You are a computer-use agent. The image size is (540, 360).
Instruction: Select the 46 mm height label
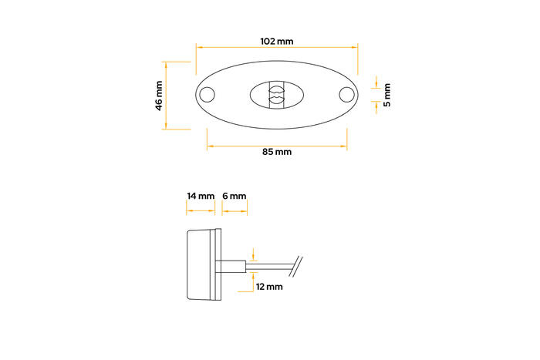[159, 95]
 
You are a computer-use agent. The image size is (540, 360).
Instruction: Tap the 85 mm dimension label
[277, 152]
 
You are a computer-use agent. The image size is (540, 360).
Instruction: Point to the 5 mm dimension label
[387, 95]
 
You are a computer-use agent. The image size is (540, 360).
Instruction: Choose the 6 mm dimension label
[234, 197]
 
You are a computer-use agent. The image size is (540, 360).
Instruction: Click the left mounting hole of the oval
[207, 95]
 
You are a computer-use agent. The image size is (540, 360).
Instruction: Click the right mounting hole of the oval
[347, 95]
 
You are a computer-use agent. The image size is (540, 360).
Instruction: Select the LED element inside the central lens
[275, 95]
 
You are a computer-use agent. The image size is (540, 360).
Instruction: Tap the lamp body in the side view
[203, 267]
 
